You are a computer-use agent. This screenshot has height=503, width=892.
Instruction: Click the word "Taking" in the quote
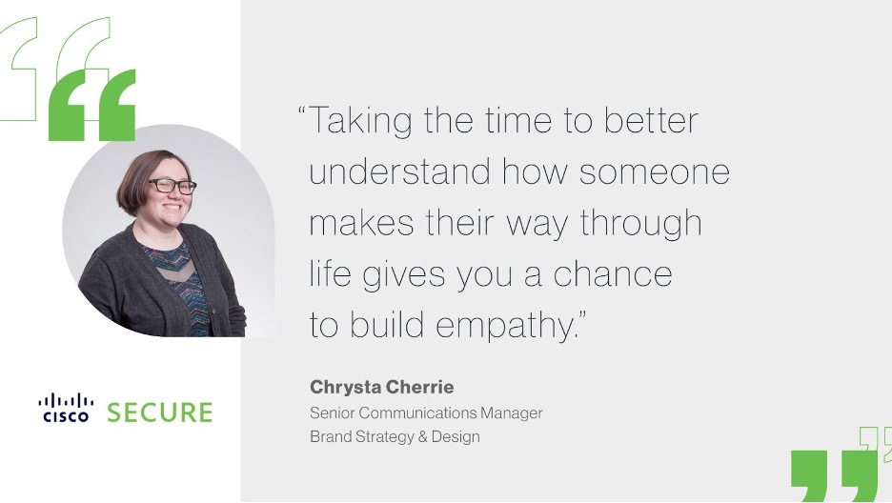click(360, 121)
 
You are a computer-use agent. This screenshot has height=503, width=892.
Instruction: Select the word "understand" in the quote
click(399, 171)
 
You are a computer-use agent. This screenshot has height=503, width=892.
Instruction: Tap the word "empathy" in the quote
click(505, 326)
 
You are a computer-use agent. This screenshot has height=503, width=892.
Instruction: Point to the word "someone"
click(654, 172)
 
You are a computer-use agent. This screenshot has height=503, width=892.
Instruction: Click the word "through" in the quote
click(641, 223)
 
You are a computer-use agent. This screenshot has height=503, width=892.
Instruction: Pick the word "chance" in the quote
click(613, 273)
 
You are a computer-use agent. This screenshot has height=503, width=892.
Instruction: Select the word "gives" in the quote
click(404, 275)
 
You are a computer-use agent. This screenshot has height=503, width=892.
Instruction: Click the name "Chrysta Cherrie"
click(382, 387)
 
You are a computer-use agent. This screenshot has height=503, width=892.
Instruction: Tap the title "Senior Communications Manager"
click(426, 412)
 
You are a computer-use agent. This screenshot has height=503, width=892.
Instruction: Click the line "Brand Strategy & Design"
click(395, 436)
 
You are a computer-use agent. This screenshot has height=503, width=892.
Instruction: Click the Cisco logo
click(66, 408)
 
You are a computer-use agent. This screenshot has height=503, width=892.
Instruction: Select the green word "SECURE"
click(160, 412)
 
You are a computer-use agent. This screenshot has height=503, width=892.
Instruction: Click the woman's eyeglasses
click(172, 186)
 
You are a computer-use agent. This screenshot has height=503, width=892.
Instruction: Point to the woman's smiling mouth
click(172, 207)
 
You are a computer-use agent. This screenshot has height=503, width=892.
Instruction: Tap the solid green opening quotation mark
click(92, 106)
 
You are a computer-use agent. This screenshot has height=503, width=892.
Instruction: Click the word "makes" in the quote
click(361, 223)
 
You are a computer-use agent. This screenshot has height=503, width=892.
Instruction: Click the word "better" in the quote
click(651, 121)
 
